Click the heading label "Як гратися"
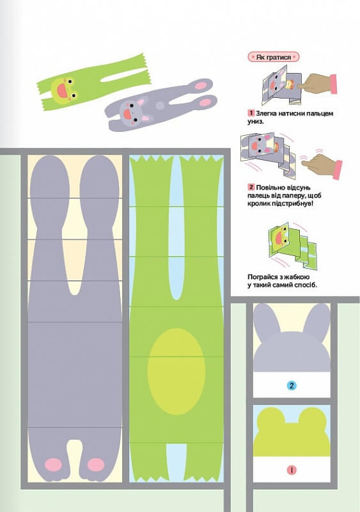274,57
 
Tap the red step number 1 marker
251,113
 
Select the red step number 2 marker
251,187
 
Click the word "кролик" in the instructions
258,204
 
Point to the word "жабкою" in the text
297,277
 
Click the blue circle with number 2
292,386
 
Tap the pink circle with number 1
292,470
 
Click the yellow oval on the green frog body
176,371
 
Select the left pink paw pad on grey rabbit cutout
53,465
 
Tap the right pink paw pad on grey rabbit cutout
96,465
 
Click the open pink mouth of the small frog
62,90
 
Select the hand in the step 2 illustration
323,165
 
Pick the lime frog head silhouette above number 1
292,431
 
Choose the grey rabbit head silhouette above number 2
292,337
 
